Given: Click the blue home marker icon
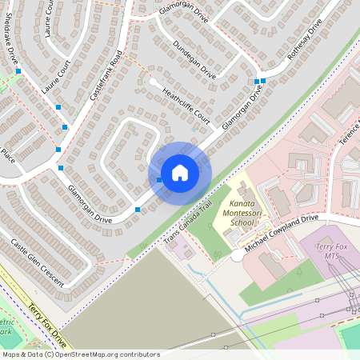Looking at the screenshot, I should [x=180, y=173].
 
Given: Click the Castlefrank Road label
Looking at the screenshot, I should [x=105, y=75].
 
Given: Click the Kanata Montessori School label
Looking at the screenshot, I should [x=237, y=205].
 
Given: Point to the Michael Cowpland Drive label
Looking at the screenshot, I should [x=282, y=232].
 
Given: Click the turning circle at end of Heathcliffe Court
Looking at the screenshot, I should [x=152, y=81].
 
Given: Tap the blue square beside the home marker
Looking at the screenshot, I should [x=159, y=181].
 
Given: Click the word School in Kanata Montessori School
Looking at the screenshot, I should [x=238, y=222].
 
